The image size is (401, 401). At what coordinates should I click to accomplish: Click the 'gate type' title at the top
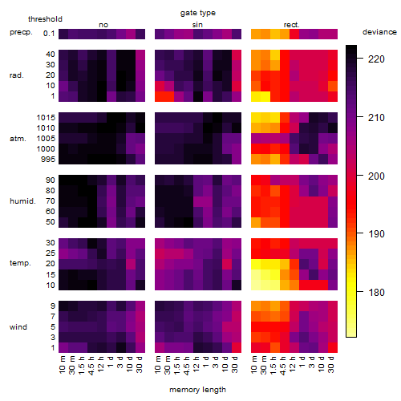point(198,13)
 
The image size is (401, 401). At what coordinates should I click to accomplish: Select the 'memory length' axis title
point(197,390)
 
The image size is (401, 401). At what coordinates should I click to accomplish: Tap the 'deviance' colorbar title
point(379,32)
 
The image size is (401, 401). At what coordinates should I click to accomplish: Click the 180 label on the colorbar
point(376,292)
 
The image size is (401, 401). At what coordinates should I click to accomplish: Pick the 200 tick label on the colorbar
point(376,176)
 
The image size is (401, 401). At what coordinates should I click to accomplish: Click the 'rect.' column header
point(292,25)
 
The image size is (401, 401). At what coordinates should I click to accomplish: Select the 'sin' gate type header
point(197,25)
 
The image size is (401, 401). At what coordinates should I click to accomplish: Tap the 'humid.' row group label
point(22,201)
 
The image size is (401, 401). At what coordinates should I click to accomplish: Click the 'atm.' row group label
point(18,139)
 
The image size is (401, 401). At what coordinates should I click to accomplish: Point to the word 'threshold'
point(45,19)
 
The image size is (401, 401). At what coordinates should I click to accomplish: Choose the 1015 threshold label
point(46,118)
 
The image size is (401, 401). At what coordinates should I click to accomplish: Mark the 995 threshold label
point(48,160)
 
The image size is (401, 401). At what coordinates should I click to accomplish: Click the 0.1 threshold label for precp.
point(49,34)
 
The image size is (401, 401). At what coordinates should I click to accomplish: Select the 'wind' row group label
point(18,327)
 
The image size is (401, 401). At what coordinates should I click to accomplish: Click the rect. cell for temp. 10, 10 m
point(256,286)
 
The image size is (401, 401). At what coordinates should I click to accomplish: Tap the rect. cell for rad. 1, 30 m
point(265,96)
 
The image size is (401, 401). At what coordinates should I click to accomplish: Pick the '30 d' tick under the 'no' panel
point(140,364)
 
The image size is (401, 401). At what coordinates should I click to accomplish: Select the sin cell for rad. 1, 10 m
point(160,96)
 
